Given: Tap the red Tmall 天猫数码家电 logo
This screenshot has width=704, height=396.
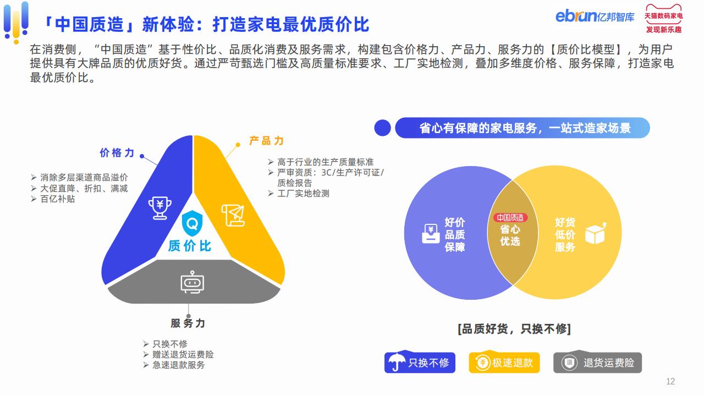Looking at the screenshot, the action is click(x=663, y=19).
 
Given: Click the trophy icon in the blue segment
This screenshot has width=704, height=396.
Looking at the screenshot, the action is click(x=159, y=208).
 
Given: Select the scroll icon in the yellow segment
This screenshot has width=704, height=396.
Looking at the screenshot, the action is click(x=233, y=216).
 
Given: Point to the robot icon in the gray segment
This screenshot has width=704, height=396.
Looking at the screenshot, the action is click(x=193, y=282).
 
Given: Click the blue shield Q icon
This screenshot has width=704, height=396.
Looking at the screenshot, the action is click(x=192, y=223).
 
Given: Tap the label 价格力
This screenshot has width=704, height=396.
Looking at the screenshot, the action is click(x=117, y=153).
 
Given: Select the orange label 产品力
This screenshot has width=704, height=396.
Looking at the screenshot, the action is click(x=267, y=141).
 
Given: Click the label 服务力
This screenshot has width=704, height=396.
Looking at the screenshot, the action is click(x=188, y=323).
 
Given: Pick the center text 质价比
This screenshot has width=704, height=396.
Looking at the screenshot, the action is click(x=190, y=246).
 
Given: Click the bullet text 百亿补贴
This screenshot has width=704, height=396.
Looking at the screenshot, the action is click(x=58, y=199).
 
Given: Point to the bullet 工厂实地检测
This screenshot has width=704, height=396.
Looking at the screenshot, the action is click(x=303, y=193).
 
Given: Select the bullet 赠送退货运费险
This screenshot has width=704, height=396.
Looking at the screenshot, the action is click(x=183, y=355).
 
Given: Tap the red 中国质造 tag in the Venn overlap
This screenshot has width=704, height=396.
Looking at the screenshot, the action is click(x=510, y=217).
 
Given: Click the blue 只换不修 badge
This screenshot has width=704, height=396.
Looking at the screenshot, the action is click(x=420, y=362).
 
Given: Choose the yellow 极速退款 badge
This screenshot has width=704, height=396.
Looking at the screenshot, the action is click(x=504, y=362).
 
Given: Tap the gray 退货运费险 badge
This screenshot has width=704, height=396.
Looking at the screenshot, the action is click(x=597, y=362).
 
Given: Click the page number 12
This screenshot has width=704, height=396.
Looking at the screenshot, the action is click(x=670, y=382).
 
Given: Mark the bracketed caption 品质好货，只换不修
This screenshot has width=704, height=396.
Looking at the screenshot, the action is click(x=514, y=329).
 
